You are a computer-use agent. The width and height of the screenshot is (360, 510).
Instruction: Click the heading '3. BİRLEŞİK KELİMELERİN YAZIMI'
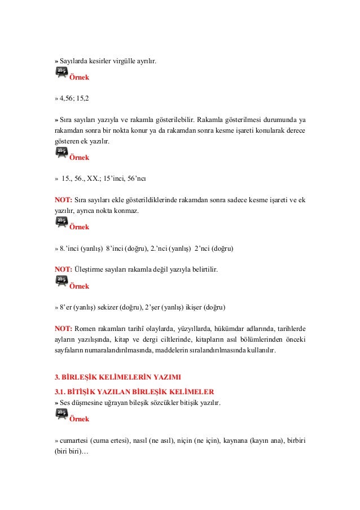pos(117,377)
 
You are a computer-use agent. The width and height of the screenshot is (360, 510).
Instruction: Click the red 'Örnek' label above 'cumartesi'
pos(79,420)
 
